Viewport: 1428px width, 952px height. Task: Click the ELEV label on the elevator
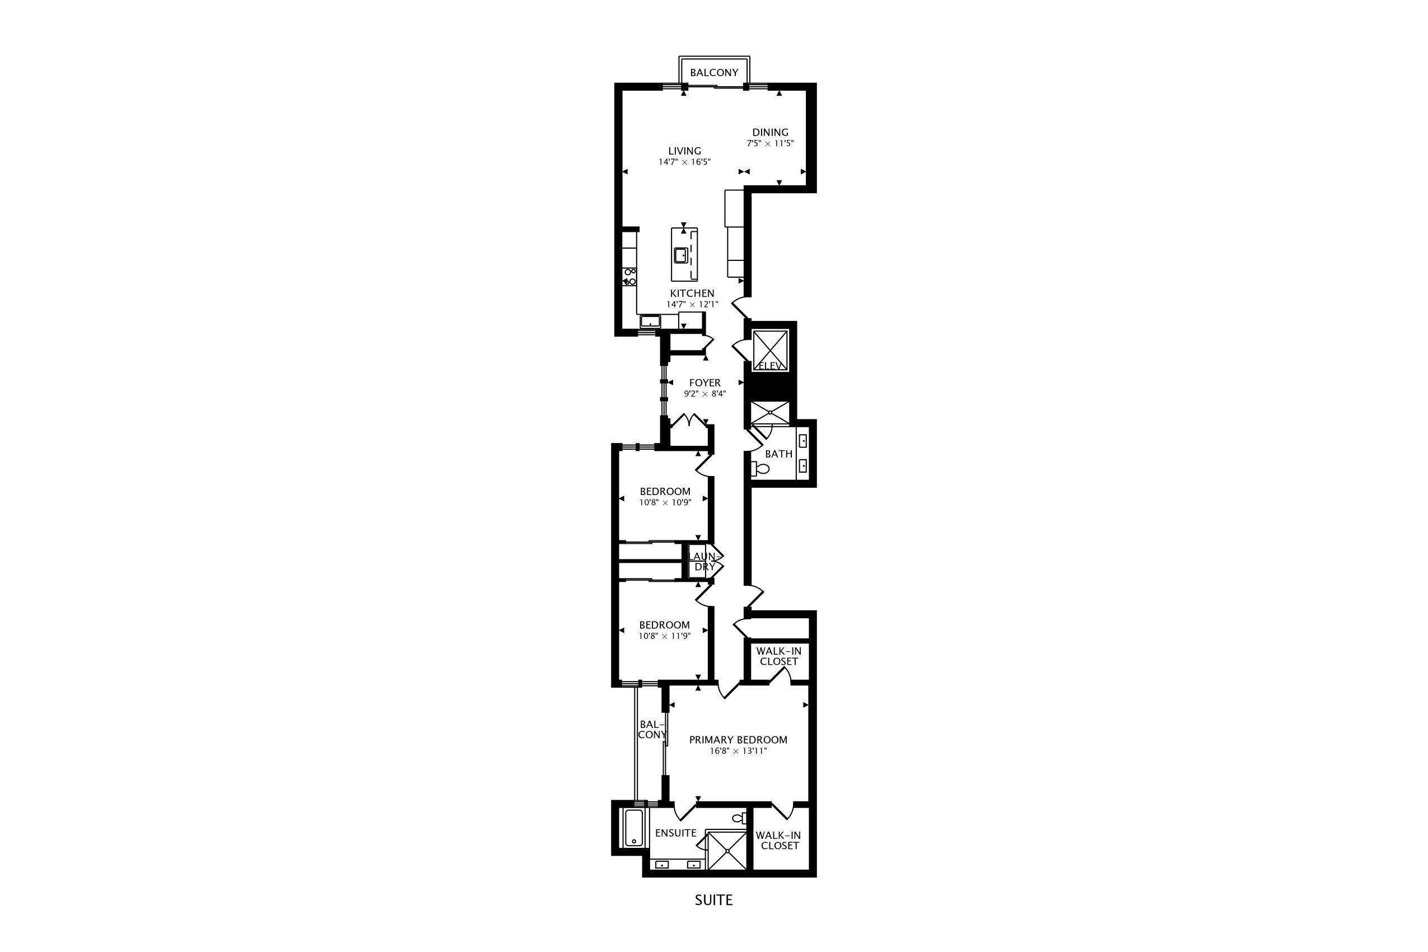coord(770,366)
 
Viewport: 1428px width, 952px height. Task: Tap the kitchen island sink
coord(680,255)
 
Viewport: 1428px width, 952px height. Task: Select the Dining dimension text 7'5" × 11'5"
coord(770,144)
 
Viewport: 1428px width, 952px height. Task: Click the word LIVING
coord(684,151)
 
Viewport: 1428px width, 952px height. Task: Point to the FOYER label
coord(704,383)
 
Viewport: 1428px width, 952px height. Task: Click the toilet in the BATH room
coord(760,469)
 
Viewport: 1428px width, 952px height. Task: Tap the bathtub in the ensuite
coord(634,828)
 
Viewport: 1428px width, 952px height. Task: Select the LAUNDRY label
coord(705,562)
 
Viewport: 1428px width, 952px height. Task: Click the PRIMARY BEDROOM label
coord(738,740)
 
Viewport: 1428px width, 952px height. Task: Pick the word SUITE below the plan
coord(713,900)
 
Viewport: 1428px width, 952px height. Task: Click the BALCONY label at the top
coord(714,73)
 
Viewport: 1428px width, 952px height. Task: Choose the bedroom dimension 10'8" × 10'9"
coord(665,503)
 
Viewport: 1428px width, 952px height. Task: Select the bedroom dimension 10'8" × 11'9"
coord(664,636)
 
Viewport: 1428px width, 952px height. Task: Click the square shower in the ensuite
coord(727,851)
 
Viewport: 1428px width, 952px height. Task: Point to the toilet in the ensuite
coord(740,818)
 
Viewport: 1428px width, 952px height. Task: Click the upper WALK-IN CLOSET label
coord(778,656)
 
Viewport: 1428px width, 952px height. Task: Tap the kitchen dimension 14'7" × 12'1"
coord(692,304)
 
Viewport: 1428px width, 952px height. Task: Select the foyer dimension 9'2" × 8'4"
coord(704,394)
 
